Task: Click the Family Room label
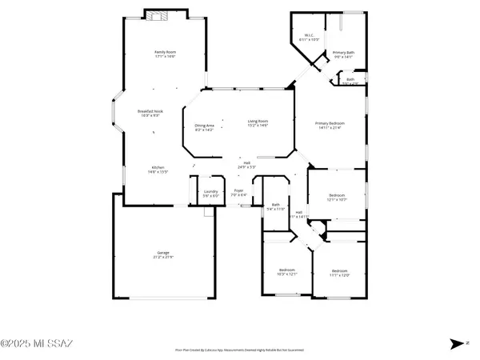(x=165, y=54)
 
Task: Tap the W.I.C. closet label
(x=309, y=37)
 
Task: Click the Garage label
(x=163, y=254)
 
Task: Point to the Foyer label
(x=238, y=193)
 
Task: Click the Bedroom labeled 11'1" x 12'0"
(x=339, y=272)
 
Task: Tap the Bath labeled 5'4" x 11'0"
(x=275, y=206)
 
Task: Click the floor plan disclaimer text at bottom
(x=239, y=349)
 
